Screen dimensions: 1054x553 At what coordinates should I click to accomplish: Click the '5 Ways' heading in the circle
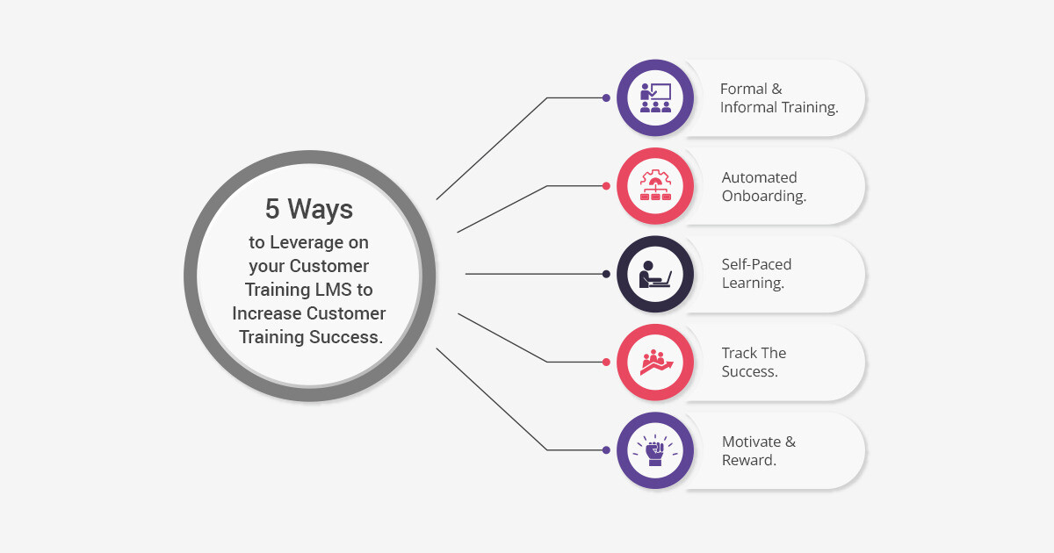308,209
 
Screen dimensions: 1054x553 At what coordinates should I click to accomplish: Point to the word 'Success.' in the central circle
346,337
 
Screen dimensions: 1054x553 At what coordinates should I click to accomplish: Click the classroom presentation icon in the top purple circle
655,97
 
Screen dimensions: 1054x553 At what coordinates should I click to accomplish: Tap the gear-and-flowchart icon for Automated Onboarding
655,185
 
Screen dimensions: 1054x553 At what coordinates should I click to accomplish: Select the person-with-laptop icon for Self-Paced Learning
655,274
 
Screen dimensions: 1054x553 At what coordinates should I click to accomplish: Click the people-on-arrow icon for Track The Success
656,362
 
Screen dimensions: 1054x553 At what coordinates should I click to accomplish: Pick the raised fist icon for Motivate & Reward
655,450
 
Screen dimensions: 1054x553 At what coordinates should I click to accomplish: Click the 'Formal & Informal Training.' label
779,97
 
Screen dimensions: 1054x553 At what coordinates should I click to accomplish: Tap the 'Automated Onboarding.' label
764,186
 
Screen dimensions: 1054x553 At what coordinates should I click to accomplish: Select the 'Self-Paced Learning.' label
756,274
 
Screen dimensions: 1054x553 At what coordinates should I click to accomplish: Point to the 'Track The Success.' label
754,362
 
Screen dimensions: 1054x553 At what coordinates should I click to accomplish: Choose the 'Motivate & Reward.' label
759,450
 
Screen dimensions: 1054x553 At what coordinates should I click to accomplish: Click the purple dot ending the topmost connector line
606,97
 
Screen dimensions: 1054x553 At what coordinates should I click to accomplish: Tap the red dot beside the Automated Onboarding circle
606,186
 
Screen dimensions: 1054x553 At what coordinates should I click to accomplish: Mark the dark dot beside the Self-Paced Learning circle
606,274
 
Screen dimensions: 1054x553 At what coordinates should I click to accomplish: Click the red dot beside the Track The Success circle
606,362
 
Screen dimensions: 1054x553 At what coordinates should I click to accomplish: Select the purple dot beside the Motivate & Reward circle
606,450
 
